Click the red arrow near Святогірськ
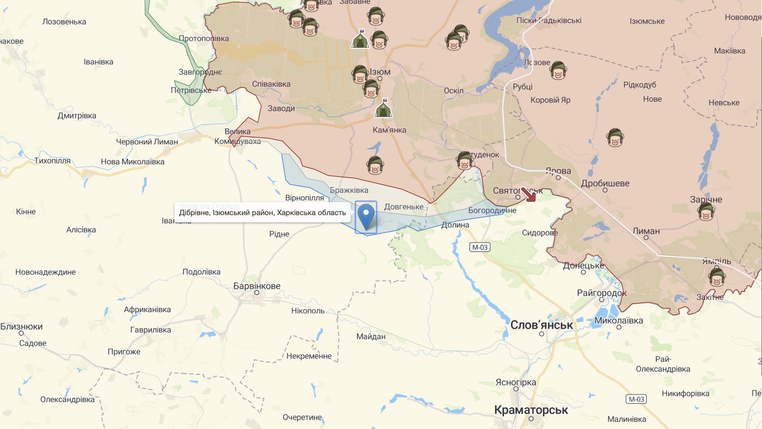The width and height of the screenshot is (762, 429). pos(529,195)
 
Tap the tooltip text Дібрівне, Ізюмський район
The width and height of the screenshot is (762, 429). pos(262,213)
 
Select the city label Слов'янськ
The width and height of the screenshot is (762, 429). pos(542,325)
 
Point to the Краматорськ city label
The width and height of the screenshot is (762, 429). pos(531,410)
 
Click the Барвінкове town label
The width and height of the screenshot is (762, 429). pos(257,286)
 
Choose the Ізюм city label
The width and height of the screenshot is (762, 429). pos(380,72)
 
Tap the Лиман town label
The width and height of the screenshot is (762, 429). pos(646,231)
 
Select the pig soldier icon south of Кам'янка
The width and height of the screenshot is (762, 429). pos(375,165)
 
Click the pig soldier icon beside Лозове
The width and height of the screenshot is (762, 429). pos(558,71)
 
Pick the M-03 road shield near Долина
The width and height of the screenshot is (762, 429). pos(480,247)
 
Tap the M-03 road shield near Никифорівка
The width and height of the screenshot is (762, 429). pos(636,399)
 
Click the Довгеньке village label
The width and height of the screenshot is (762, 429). pos(404,207)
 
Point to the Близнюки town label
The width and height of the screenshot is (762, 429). pos(21,327)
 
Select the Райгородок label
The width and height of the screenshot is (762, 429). pos(602,293)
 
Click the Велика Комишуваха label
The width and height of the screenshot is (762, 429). pos(238,136)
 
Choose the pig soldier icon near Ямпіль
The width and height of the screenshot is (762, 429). pos(716,277)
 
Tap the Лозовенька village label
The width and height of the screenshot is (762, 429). pos(64,22)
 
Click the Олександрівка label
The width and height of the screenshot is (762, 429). pos(67,399)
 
